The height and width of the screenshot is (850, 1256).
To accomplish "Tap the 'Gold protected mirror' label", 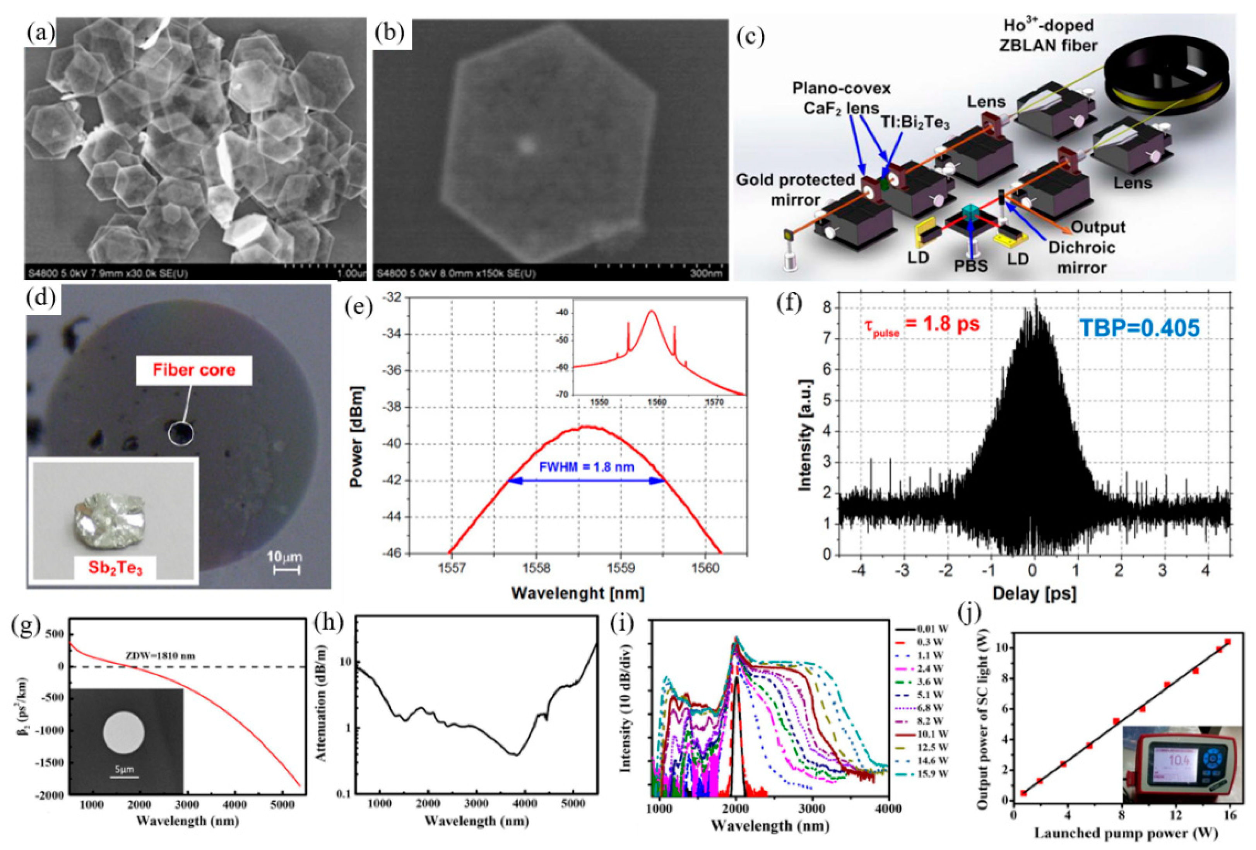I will click(795, 190).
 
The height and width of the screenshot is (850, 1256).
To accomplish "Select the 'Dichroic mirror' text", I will click(1081, 257).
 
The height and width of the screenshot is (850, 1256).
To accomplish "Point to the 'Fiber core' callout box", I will click(194, 370).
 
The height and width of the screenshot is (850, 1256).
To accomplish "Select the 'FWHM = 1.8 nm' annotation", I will click(586, 466).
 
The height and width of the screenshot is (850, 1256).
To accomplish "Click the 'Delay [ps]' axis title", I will click(1034, 593).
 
